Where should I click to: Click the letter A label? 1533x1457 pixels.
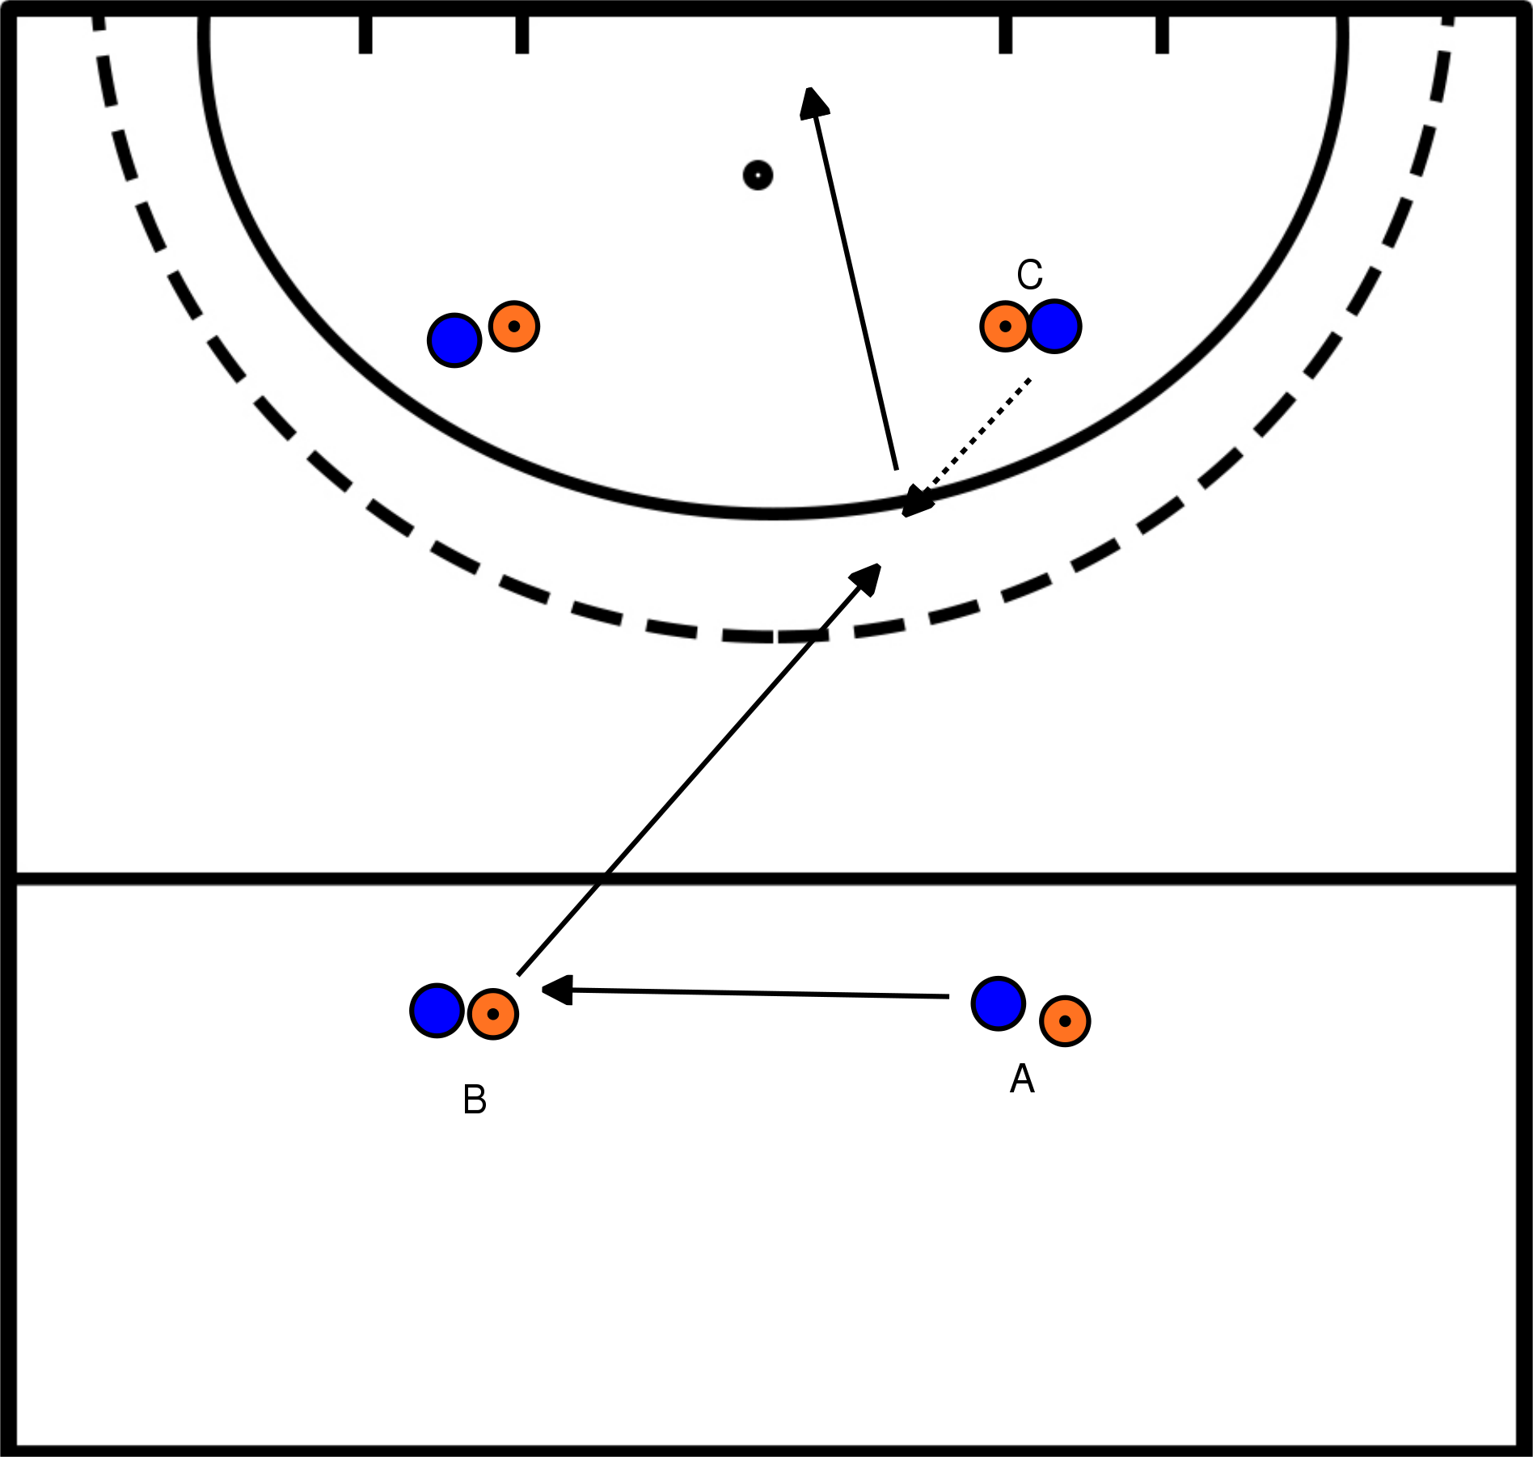(x=1022, y=1079)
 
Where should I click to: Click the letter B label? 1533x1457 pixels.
(x=475, y=1100)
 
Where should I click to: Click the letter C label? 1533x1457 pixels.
(x=1029, y=275)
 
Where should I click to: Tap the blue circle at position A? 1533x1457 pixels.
(x=999, y=1003)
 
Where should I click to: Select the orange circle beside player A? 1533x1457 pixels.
(x=1065, y=1021)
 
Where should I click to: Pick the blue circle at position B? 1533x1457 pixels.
(x=437, y=1010)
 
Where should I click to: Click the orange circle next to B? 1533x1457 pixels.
(x=493, y=1014)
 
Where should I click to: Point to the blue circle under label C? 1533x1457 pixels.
(x=1055, y=327)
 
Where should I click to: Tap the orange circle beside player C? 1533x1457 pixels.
(x=1005, y=327)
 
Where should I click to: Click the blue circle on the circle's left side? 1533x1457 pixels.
(x=455, y=340)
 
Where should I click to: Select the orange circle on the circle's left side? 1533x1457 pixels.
(x=514, y=327)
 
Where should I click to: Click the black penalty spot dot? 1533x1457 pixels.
(x=758, y=175)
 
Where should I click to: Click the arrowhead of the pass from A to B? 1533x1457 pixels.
(x=556, y=990)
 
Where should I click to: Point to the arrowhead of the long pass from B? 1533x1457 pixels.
(x=868, y=576)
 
